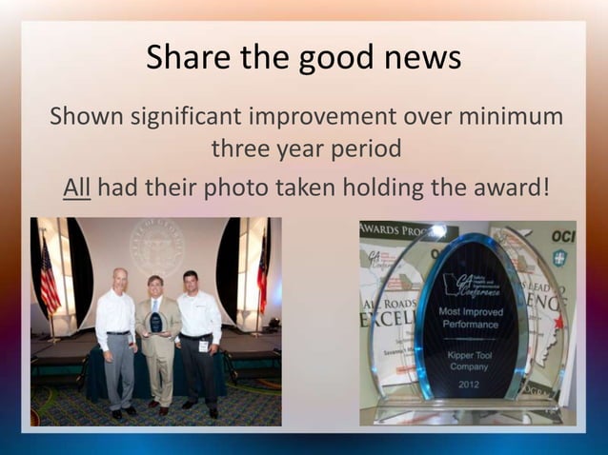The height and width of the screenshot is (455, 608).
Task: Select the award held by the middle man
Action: pyautogui.click(x=156, y=320)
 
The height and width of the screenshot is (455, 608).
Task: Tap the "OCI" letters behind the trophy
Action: pyautogui.click(x=563, y=234)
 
